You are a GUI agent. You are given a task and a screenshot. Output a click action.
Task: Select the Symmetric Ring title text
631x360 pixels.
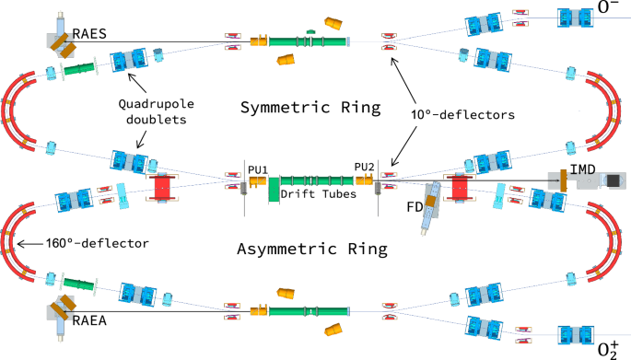click(x=310, y=109)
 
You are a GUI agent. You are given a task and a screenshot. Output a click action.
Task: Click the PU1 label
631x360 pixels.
click(x=257, y=168)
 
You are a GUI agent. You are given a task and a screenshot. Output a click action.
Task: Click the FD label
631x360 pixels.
click(x=415, y=207)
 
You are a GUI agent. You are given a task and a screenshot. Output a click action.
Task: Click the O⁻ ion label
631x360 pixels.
click(x=607, y=10)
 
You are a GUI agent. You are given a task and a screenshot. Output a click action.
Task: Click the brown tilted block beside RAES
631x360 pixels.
click(x=64, y=41)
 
